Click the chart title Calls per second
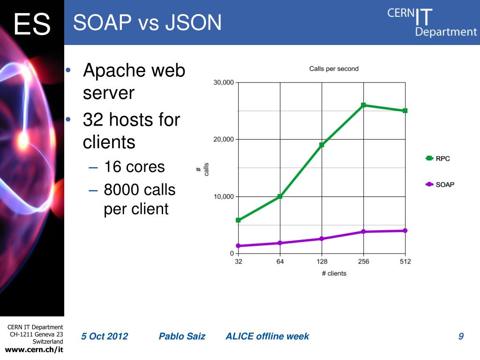point(334,69)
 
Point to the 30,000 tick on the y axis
point(224,82)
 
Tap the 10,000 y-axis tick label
point(224,196)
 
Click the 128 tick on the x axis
point(322,262)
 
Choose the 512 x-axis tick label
point(405,262)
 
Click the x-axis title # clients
point(334,273)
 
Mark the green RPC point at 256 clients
point(363,105)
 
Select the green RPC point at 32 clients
point(238,220)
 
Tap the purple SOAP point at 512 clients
point(405,231)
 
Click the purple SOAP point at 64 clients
point(280,243)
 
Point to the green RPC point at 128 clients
point(322,145)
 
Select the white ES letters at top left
point(32,24)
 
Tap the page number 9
point(461,336)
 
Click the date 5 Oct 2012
point(105,336)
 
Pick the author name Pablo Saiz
point(182,336)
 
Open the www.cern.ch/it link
point(34,350)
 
